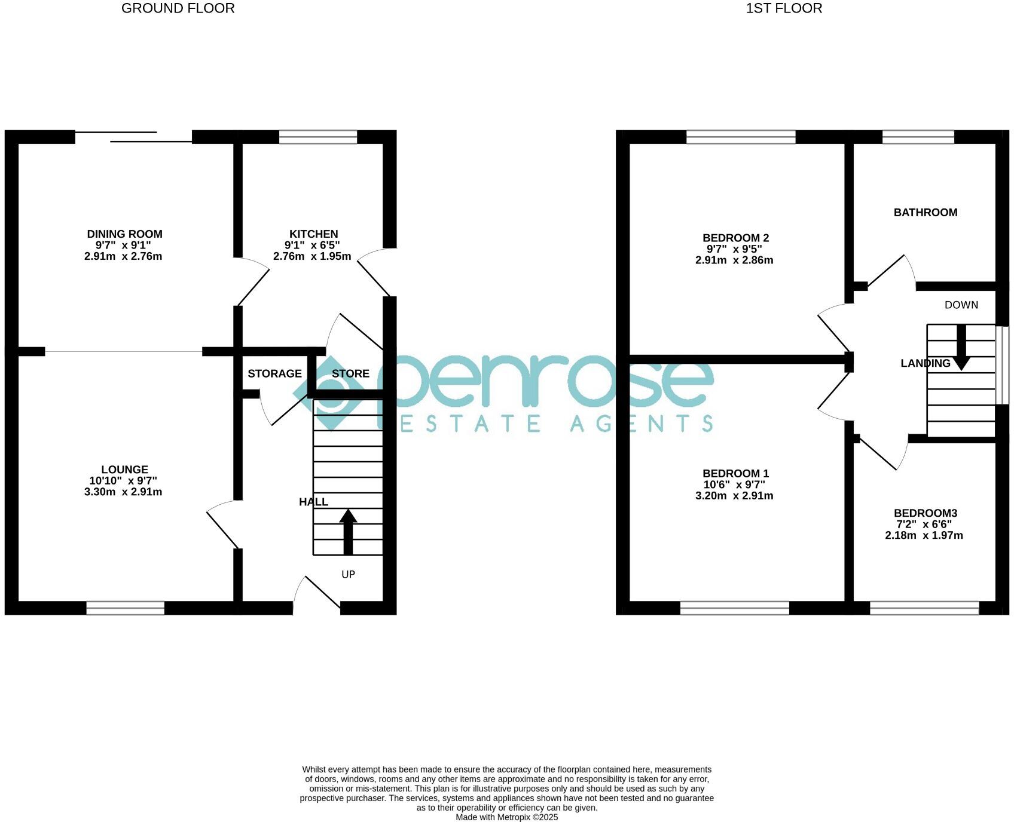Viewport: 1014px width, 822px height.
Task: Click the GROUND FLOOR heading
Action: pyautogui.click(x=178, y=8)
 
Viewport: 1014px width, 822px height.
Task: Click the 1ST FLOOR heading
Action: pyautogui.click(x=784, y=8)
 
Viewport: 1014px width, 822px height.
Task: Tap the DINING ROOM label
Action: pyautogui.click(x=124, y=234)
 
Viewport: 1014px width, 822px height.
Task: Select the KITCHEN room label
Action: pyautogui.click(x=314, y=234)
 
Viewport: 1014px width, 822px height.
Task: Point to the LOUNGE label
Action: pyautogui.click(x=124, y=470)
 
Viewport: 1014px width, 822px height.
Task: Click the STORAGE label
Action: pyautogui.click(x=274, y=373)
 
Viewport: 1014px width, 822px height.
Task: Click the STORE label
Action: pyautogui.click(x=350, y=373)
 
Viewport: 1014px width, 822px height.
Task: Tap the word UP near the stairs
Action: pyautogui.click(x=348, y=574)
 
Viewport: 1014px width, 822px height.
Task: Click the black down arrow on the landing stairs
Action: pyautogui.click(x=961, y=348)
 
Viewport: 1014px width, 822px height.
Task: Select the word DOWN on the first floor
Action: pyautogui.click(x=961, y=305)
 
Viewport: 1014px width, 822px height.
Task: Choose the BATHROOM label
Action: pyautogui.click(x=925, y=213)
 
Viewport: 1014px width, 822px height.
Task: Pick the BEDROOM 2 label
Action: pyautogui.click(x=735, y=238)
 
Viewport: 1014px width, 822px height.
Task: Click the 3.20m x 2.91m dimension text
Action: pyautogui.click(x=734, y=496)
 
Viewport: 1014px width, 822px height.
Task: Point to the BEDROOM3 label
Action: pyautogui.click(x=925, y=513)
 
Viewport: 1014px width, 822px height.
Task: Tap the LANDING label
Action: pyautogui.click(x=925, y=363)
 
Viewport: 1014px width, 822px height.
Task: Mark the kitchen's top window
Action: pyautogui.click(x=318, y=137)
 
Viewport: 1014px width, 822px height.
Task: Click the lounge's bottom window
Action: pyautogui.click(x=126, y=608)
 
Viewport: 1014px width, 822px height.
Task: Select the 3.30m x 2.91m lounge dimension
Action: pyautogui.click(x=123, y=492)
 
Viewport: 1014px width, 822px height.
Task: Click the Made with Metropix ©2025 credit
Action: pyautogui.click(x=506, y=817)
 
